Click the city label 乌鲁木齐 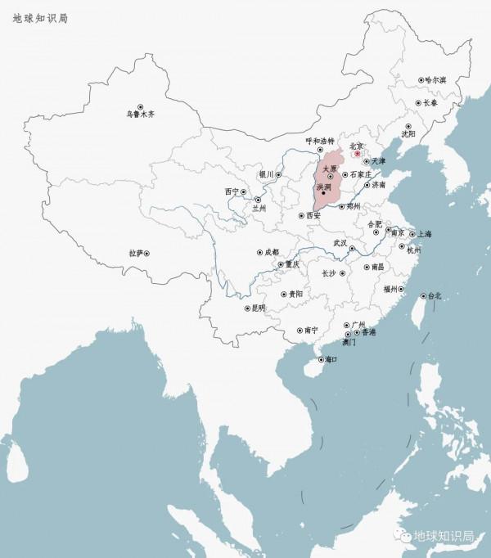(x=141, y=115)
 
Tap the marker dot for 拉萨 (x=146, y=254)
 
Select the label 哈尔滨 (x=435, y=80)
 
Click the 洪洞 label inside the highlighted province (x=323, y=187)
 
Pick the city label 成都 (x=273, y=252)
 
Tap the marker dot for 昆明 (x=247, y=308)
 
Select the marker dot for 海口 (x=319, y=359)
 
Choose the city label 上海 (x=427, y=233)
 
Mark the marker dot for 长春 (x=417, y=103)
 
